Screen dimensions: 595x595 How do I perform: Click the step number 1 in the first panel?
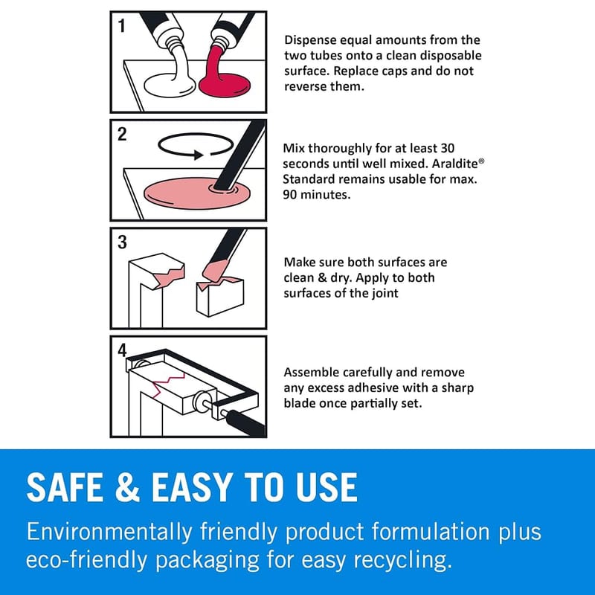coord(122,26)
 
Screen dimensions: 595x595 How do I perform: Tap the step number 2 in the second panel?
coord(122,135)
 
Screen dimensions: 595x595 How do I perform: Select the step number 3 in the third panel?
coord(122,242)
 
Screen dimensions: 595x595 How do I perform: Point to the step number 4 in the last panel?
coord(122,350)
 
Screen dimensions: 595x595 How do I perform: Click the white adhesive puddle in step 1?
coord(170,85)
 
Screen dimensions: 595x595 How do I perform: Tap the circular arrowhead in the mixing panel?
coord(199,155)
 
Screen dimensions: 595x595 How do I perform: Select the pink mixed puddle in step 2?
coord(197,193)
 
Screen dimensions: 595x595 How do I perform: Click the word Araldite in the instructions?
coord(455,164)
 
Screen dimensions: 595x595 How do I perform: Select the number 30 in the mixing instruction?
coord(448,148)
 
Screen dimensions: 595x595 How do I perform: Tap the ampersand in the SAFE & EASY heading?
coord(127,487)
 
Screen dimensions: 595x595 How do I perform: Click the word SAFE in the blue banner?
coord(65,487)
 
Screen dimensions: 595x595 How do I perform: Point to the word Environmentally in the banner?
coord(109,532)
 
